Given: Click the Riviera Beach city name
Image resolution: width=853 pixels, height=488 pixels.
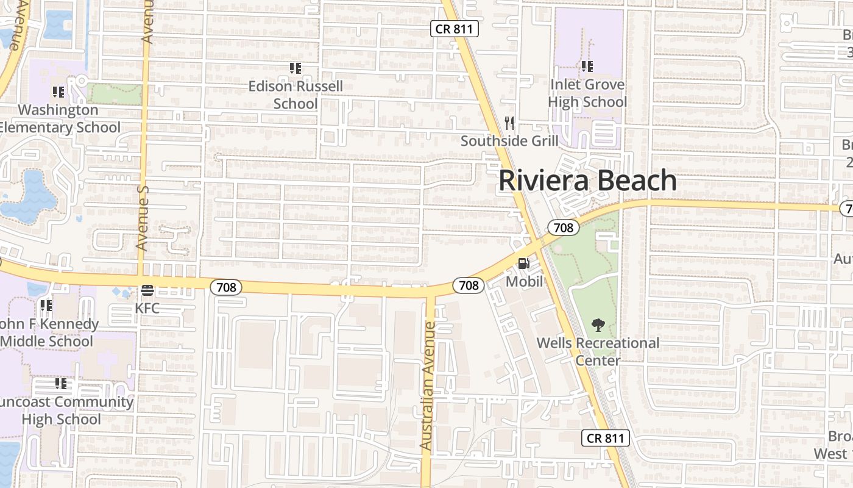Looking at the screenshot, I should click(x=588, y=181).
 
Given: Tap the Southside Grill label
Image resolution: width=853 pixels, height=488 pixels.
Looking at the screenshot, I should click(x=509, y=141).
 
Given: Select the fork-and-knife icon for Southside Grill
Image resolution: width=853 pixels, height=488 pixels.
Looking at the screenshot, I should click(x=510, y=124).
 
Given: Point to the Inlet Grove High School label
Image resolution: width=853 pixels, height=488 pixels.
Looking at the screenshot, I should click(x=587, y=93).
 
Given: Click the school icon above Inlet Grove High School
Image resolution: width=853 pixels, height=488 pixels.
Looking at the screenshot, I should click(x=587, y=66).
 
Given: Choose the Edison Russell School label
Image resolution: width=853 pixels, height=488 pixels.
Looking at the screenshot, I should click(x=296, y=95).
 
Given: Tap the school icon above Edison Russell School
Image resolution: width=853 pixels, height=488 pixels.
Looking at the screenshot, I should click(x=296, y=68).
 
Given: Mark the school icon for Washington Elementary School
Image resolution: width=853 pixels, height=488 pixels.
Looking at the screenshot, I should click(x=58, y=92).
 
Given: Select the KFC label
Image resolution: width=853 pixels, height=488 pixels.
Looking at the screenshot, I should click(x=147, y=308).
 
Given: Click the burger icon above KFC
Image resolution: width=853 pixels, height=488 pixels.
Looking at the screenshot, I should click(x=147, y=290).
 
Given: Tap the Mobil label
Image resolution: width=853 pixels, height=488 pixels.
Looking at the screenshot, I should click(x=524, y=282).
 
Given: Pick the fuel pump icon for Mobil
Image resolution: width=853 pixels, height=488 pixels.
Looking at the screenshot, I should click(x=523, y=264).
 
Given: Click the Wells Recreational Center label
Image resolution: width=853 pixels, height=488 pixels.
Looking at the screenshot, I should click(x=598, y=351).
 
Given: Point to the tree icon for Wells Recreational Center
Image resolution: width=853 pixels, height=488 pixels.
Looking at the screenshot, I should click(x=598, y=325).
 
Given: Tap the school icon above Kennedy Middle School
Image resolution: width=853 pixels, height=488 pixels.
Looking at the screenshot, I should click(x=46, y=305).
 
